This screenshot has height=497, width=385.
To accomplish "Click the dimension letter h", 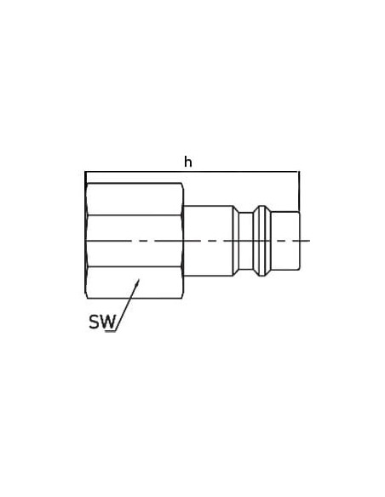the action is [188, 162].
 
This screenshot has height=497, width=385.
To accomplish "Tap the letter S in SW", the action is [94, 322].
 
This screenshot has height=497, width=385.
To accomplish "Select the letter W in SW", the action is [107, 322].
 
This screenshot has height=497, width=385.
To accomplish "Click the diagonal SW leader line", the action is [128, 306].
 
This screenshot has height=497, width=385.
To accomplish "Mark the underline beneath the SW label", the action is [111, 331].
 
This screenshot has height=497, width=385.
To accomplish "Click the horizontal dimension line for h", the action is [192, 172].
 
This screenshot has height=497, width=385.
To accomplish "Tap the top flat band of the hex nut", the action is [134, 199].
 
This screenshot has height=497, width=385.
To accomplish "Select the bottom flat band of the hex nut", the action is [134, 282].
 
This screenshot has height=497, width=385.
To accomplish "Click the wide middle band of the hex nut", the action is [134, 241].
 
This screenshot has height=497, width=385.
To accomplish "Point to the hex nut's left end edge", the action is [86, 241].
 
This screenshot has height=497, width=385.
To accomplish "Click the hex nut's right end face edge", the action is [183, 241].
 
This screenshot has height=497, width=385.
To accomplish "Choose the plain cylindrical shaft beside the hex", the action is [209, 241].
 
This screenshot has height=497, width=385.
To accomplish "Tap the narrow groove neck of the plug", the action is [246, 241].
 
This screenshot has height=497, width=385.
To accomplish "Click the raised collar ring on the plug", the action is [262, 241].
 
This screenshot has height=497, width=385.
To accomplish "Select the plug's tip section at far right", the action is [284, 241].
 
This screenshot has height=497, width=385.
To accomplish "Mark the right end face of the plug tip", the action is [299, 241].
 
